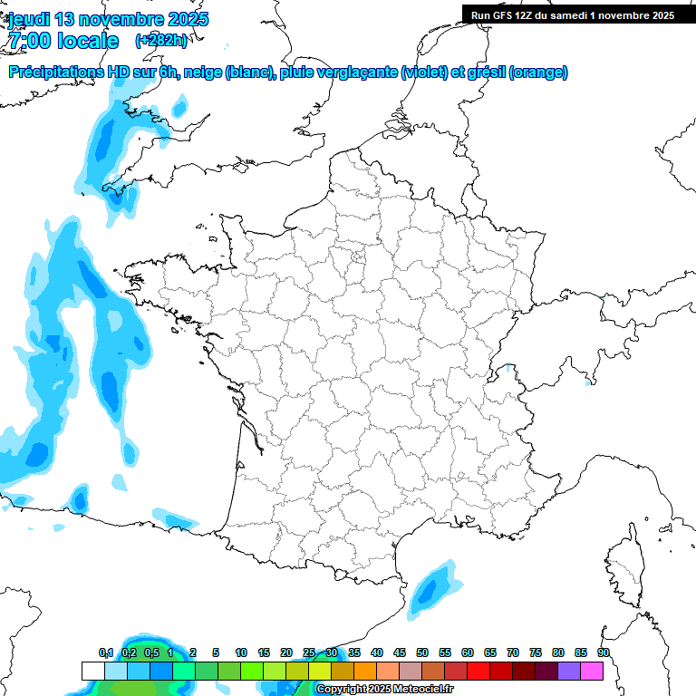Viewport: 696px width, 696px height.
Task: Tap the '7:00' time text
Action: pyautogui.click(x=28, y=41)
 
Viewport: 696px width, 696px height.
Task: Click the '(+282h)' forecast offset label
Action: pyautogui.click(x=160, y=41)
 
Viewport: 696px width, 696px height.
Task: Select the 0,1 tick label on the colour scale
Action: pyautogui.click(x=106, y=652)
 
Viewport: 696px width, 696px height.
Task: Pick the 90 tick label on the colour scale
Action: pyautogui.click(x=604, y=652)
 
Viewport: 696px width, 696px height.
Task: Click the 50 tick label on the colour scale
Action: pyautogui.click(x=422, y=652)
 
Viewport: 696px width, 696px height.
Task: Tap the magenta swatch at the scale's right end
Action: pyautogui.click(x=592, y=671)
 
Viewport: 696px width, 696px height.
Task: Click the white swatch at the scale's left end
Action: pyautogui.click(x=92, y=671)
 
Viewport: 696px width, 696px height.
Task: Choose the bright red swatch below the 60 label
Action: pyautogui.click(x=478, y=671)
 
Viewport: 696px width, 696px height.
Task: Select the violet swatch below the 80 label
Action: pyautogui.click(x=569, y=671)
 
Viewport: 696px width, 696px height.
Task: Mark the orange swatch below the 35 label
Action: pyautogui.click(x=365, y=671)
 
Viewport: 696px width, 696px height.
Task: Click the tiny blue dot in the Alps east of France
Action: pyautogui.click(x=587, y=382)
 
